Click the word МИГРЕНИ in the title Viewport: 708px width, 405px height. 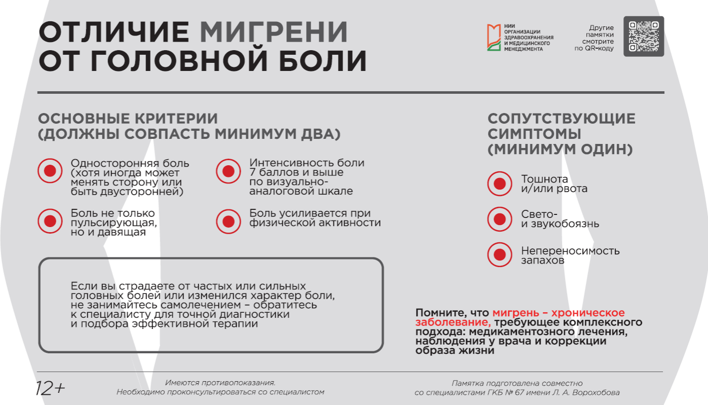[x=274, y=32]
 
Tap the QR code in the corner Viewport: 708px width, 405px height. [x=643, y=36]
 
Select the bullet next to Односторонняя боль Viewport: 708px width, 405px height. [x=50, y=171]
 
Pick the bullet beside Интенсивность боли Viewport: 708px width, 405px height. [x=228, y=171]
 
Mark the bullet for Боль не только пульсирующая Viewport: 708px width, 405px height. [x=50, y=221]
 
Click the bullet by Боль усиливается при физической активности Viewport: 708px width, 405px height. [x=228, y=221]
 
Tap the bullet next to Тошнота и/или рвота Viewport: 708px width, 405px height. [x=500, y=183]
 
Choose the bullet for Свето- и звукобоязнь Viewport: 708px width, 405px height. [x=500, y=219]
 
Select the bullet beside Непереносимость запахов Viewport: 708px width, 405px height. [x=500, y=254]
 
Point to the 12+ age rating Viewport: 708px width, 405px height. [x=50, y=388]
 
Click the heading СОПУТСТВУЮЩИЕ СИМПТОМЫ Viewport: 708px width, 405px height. [x=561, y=126]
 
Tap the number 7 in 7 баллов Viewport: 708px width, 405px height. [x=252, y=172]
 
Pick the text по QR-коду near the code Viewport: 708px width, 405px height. [x=594, y=49]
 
